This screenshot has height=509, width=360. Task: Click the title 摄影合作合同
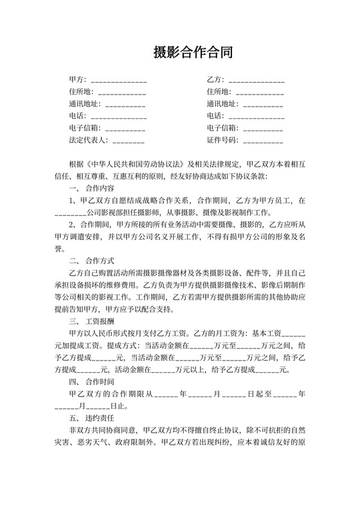[179, 53]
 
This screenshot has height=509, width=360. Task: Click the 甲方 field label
[78, 80]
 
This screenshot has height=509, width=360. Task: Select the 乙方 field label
[215, 80]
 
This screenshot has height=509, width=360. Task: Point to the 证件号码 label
[222, 139]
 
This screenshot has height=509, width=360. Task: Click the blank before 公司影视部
[70, 213]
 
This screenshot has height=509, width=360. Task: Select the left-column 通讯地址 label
[84, 103]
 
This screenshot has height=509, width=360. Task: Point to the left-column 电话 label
[76, 116]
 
